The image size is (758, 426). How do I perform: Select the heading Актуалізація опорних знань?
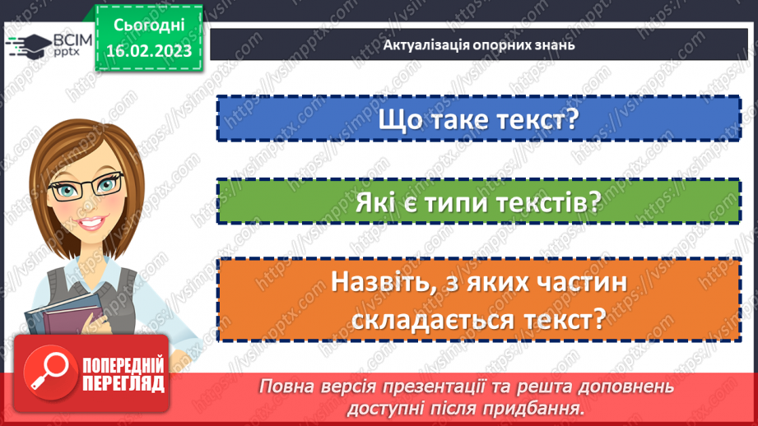click(478, 44)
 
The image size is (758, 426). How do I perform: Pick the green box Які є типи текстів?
click(478, 201)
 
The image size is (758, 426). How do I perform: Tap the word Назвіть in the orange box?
click(383, 282)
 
